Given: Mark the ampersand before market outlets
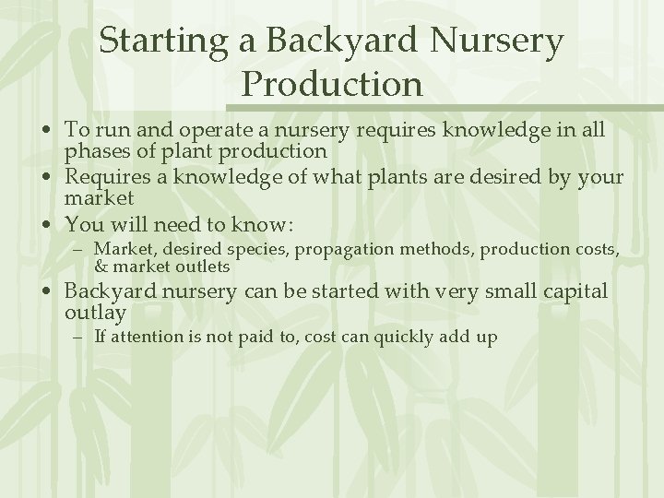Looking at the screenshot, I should click(x=101, y=267).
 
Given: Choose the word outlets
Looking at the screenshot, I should click(x=199, y=267).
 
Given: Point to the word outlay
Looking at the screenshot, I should click(x=94, y=313).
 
